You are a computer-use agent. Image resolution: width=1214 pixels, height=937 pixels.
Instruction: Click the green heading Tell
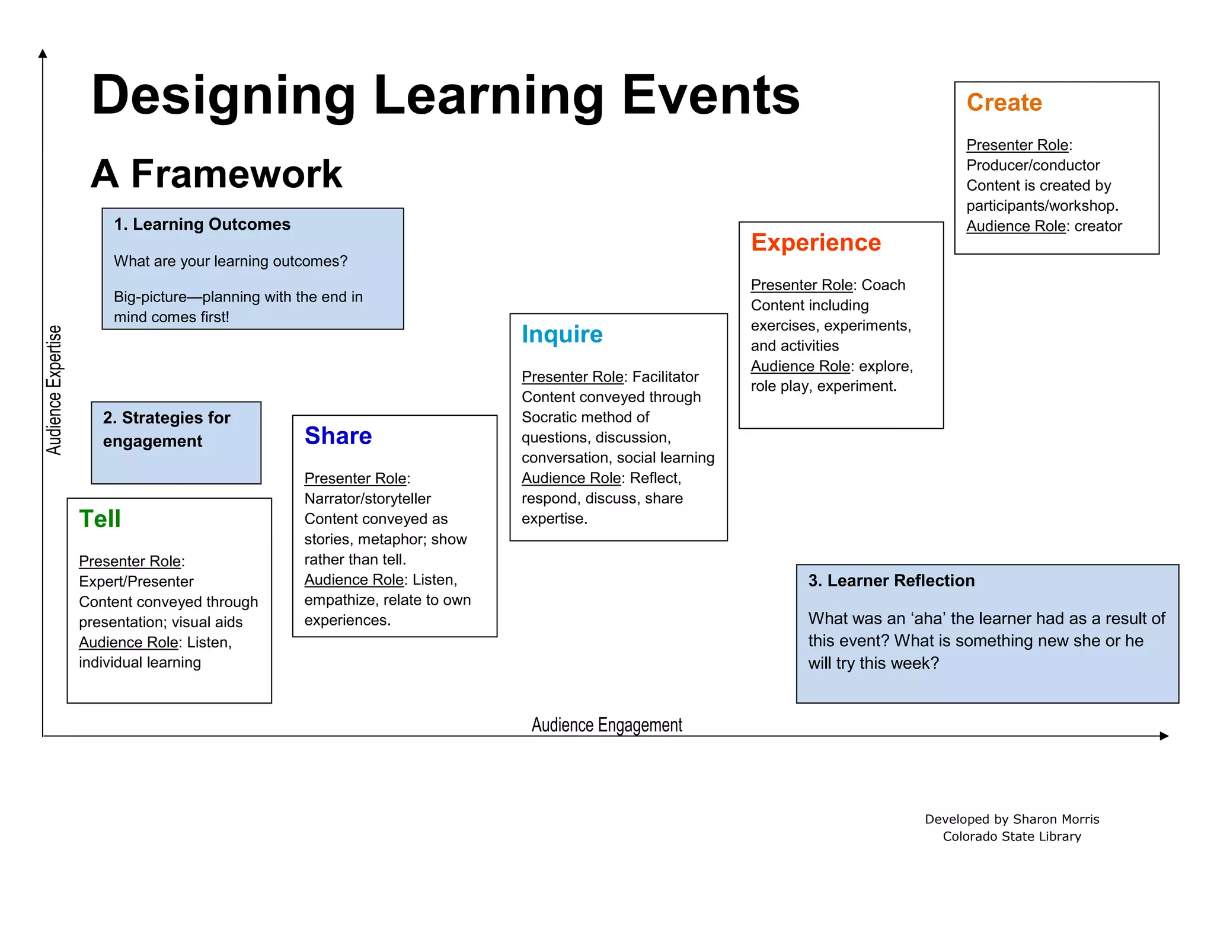coord(100,519)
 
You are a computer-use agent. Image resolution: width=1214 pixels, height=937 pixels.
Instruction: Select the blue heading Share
coord(338,436)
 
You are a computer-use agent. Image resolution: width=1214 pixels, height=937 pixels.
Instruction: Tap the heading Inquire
coord(562,335)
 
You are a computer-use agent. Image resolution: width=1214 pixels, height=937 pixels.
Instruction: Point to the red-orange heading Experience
coord(816,243)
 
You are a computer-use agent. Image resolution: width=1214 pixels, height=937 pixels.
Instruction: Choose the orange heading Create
coord(1004,102)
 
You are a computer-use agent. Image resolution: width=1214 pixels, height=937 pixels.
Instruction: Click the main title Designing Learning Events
coord(445,95)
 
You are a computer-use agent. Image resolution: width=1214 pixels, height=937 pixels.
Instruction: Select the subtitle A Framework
coord(217,174)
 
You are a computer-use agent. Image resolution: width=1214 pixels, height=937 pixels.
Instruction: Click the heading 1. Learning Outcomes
coord(202,224)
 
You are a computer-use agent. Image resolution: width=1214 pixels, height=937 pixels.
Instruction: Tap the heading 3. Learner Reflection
coord(891,580)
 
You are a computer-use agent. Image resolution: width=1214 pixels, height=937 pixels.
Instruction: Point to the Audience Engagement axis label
coord(606,725)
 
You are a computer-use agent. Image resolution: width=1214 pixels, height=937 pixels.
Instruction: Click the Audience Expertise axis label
coord(54,390)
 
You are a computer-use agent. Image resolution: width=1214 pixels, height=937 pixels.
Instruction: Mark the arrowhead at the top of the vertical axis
coord(43,54)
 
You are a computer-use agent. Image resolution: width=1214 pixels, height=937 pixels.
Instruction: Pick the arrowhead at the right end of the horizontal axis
coord(1164,736)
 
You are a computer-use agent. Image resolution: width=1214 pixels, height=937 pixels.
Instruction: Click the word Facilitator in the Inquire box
coord(665,377)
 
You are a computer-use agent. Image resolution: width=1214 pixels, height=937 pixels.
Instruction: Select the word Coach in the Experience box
coord(883,285)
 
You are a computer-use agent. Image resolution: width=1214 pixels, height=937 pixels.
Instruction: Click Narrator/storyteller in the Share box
coord(368,499)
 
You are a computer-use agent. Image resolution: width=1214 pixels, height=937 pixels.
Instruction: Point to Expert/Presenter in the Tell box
coord(136,582)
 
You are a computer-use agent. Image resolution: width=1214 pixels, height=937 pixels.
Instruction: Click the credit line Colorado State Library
coord(1012,836)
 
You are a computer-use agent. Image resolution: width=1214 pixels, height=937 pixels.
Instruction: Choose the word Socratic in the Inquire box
coord(550,418)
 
